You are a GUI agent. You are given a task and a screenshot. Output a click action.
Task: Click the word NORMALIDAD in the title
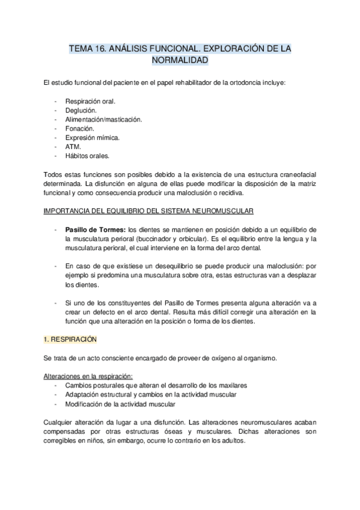pyautogui.click(x=180, y=61)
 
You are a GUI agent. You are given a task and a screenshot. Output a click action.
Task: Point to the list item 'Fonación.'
pyautogui.click(x=79, y=128)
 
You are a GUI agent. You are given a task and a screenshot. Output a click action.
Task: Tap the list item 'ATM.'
pyautogui.click(x=73, y=147)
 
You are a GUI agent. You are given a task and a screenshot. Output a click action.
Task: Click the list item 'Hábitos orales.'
pyautogui.click(x=87, y=156)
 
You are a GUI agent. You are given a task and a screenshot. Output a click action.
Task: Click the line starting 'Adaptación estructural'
pyautogui.click(x=150, y=395)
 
